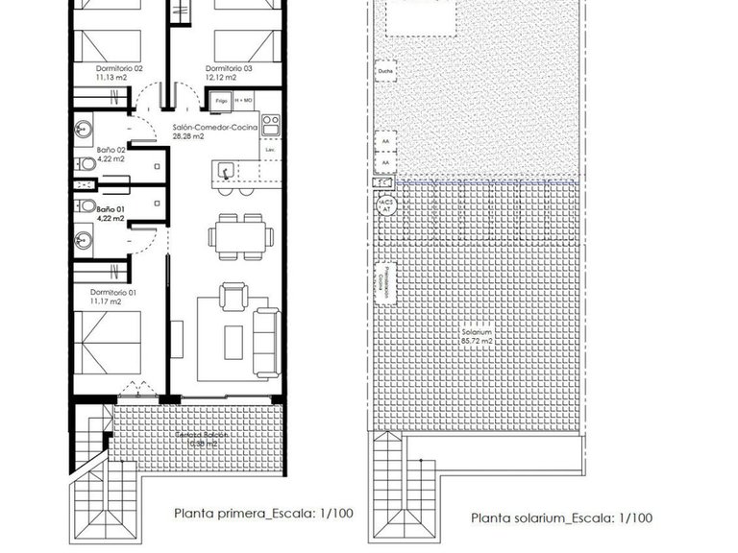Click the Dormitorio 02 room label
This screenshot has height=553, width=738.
[x=119, y=74]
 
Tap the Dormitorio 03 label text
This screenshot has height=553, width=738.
[x=229, y=74]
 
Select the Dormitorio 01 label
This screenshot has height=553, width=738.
[x=114, y=297]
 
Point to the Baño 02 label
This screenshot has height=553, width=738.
[x=111, y=155]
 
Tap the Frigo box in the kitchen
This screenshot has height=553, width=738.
[x=219, y=99]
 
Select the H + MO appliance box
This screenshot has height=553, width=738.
[x=244, y=99]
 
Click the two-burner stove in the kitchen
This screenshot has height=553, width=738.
[x=270, y=125]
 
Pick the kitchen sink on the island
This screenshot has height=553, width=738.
[x=224, y=172]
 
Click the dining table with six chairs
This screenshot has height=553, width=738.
[x=237, y=236]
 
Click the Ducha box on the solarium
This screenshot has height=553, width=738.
[x=385, y=71]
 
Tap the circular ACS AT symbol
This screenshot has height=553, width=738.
[x=386, y=204]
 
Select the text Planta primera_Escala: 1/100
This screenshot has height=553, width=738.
[x=263, y=514]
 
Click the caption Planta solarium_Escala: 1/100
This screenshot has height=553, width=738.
[x=561, y=518]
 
